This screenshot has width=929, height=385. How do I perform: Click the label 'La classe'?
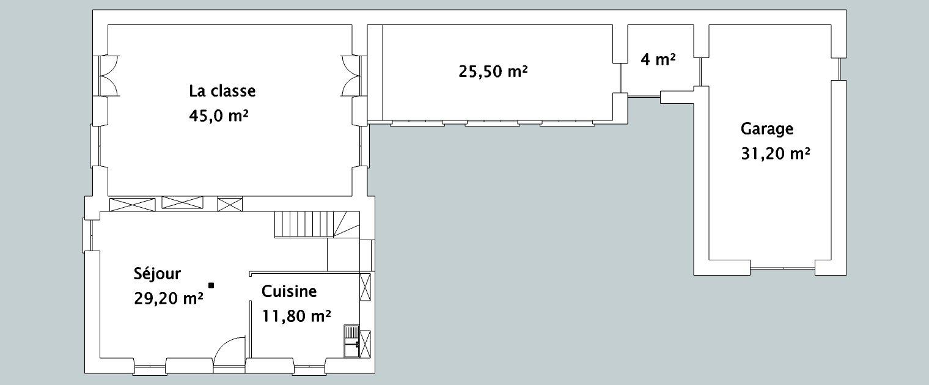pyautogui.click(x=222, y=91)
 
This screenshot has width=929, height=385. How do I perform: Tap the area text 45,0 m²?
pyautogui.click(x=219, y=116)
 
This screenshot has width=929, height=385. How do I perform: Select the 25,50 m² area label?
pyautogui.click(x=493, y=71)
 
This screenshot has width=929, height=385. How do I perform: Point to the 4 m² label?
pyautogui.click(x=658, y=59)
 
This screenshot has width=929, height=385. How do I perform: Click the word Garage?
pyautogui.click(x=767, y=129)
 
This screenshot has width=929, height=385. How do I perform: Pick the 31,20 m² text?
pyautogui.click(x=776, y=154)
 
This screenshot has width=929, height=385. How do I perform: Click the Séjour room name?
pyautogui.click(x=157, y=274)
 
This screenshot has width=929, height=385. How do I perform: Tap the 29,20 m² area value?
pyautogui.click(x=169, y=298)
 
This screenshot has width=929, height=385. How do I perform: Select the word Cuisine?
pyautogui.click(x=289, y=291)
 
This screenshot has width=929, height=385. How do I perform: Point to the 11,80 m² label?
pyautogui.click(x=296, y=316)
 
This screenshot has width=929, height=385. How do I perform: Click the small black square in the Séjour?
pyautogui.click(x=211, y=285)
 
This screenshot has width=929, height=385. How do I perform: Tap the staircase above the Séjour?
pyautogui.click(x=317, y=224)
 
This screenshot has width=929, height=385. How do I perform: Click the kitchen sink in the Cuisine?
pyautogui.click(x=351, y=342)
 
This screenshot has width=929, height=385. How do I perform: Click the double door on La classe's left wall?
pyautogui.click(x=109, y=76)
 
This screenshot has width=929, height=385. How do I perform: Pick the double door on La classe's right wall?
pyautogui.click(x=351, y=76)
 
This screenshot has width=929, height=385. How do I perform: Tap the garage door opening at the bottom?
pyautogui.click(x=782, y=268)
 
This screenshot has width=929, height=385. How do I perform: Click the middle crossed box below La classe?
pyautogui.click(x=183, y=202)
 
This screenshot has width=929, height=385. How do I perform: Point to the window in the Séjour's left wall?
pyautogui.click(x=87, y=235)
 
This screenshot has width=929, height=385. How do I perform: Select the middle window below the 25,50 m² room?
pyautogui.click(x=492, y=123)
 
